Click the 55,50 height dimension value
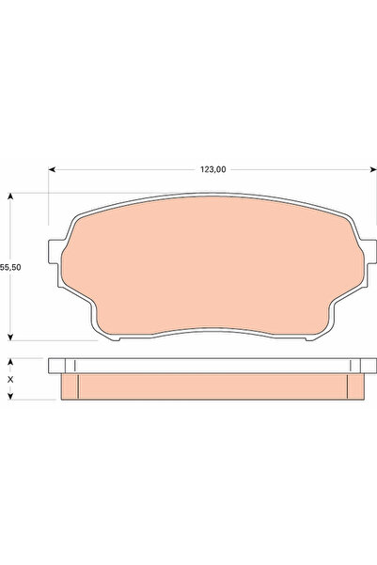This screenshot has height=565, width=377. pyautogui.click(x=11, y=268)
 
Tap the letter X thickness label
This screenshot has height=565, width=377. pyautogui.click(x=11, y=379)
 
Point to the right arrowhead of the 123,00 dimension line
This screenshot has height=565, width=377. pyautogui.click(x=371, y=170)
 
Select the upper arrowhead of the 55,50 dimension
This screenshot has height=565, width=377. pyautogui.click(x=11, y=196)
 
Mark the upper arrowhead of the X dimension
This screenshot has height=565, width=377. pyautogui.click(x=11, y=360)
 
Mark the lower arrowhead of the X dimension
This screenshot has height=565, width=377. pyautogui.click(x=11, y=397)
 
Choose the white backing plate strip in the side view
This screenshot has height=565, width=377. pyautogui.click(x=212, y=365)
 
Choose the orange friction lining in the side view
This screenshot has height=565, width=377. pyautogui.click(x=212, y=385)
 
